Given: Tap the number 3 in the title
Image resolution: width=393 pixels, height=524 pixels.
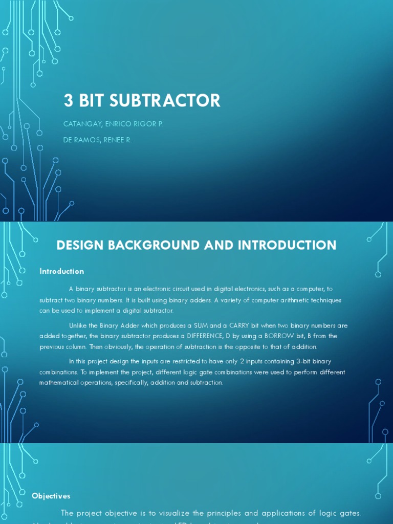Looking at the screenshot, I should point(68,100).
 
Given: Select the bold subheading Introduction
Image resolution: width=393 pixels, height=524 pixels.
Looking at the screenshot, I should point(61,271).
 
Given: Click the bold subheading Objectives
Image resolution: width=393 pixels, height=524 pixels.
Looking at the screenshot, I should point(51,496).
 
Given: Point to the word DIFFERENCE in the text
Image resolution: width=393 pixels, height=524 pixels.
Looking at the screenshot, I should point(205,336).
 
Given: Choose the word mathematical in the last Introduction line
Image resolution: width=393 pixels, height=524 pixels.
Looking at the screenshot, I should point(60,382).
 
